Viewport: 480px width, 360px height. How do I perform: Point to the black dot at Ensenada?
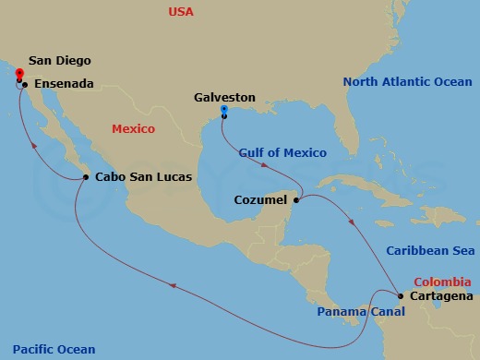click(25, 85)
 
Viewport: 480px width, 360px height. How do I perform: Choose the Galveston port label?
click(226, 97)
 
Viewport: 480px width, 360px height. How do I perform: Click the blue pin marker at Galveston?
click(224, 112)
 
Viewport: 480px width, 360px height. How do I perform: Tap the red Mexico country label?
click(133, 128)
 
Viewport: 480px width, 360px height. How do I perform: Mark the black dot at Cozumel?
click(296, 199)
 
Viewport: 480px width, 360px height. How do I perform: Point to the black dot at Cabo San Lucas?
click(85, 177)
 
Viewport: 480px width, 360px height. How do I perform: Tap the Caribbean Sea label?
click(429, 250)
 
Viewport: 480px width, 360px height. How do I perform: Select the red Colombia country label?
click(444, 281)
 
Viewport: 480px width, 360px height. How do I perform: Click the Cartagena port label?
click(439, 296)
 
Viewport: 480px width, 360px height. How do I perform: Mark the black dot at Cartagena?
click(400, 296)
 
